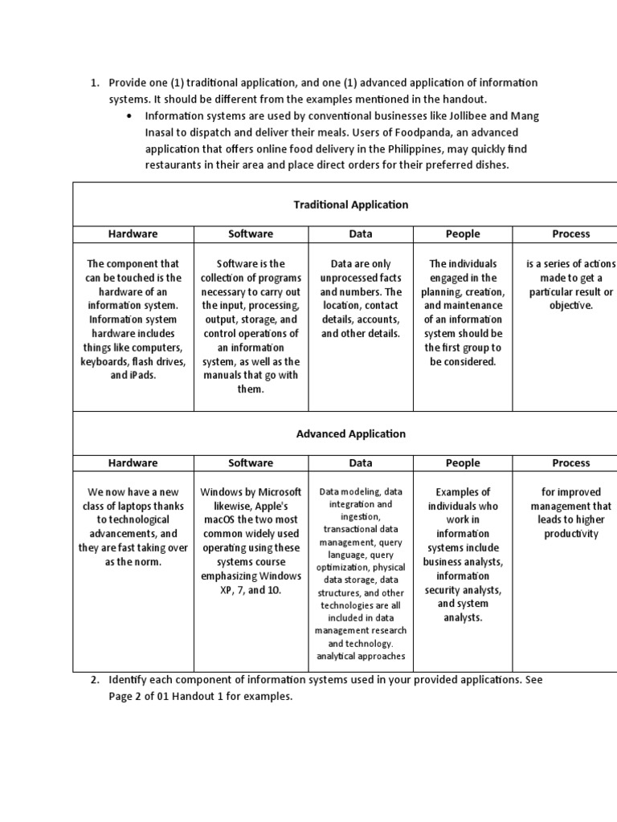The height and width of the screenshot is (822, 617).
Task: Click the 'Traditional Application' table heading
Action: tap(350, 205)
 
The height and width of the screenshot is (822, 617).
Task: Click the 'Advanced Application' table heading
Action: tap(350, 433)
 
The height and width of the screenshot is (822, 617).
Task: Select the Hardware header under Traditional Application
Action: tap(133, 234)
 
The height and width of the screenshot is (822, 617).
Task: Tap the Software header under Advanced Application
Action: tap(251, 463)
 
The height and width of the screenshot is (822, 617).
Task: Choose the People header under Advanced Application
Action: tap(463, 463)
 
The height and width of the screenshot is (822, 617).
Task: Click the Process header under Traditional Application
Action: tap(570, 234)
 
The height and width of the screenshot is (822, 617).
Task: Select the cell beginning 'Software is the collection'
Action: tap(251, 326)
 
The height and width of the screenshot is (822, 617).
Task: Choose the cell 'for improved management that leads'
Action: tap(570, 513)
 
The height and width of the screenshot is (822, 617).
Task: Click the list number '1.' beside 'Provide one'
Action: tap(94, 83)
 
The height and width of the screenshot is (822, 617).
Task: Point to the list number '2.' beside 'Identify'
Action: tap(94, 680)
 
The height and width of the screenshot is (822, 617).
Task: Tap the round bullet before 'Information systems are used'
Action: tap(129, 116)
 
